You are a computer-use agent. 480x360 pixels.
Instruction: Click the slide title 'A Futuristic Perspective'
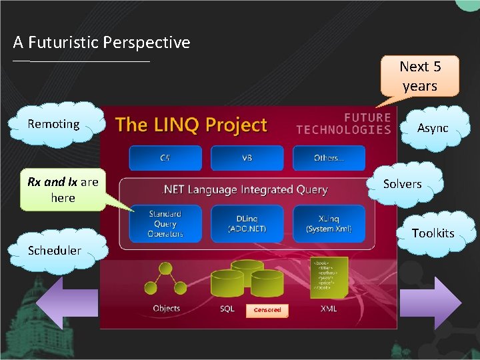point(101,43)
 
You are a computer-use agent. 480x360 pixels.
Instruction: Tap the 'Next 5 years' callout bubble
point(419,76)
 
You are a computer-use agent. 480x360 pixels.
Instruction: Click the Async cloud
point(432,127)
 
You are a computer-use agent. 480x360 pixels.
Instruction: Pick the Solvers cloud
point(402,184)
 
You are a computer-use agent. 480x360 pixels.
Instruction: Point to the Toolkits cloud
point(433,233)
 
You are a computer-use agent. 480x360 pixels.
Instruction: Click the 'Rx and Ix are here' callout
point(62,190)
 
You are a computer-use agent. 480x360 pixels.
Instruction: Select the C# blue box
point(165,158)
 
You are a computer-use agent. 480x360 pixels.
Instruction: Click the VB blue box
point(247,158)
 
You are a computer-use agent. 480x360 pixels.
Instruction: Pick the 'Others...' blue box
point(329,158)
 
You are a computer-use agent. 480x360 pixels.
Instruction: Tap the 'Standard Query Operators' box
point(165,223)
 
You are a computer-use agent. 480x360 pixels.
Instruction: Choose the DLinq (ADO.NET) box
point(247,223)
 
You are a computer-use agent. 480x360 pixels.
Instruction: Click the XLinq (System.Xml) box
point(329,223)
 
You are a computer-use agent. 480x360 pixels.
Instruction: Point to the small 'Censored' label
point(267,310)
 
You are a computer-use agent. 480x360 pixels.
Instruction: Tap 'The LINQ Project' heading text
point(191,125)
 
